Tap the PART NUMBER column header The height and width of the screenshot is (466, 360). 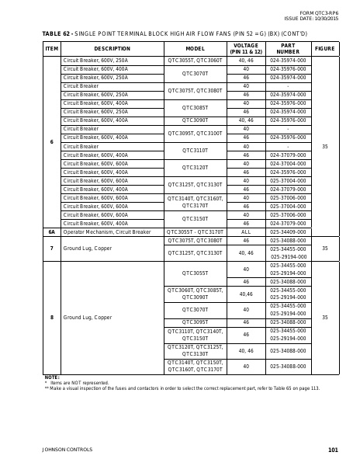coord(287,48)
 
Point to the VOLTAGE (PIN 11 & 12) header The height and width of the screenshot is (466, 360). coord(246,48)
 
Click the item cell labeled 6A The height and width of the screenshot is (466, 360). coord(51,231)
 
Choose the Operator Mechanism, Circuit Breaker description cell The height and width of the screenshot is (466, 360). coord(106,231)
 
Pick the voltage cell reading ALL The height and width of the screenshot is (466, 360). coord(246,231)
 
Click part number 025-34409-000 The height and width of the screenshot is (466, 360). coord(287,231)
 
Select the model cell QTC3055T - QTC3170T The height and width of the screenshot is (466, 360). coord(195,231)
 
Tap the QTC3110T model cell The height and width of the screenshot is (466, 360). coord(195,150)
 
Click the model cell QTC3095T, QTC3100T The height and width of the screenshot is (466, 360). coord(195,133)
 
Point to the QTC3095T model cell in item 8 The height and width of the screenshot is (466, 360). coord(195,322)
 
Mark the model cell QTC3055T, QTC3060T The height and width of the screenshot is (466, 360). coord(195,60)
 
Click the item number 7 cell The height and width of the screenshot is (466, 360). coord(51,249)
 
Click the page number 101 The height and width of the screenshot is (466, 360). coord(333,450)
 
